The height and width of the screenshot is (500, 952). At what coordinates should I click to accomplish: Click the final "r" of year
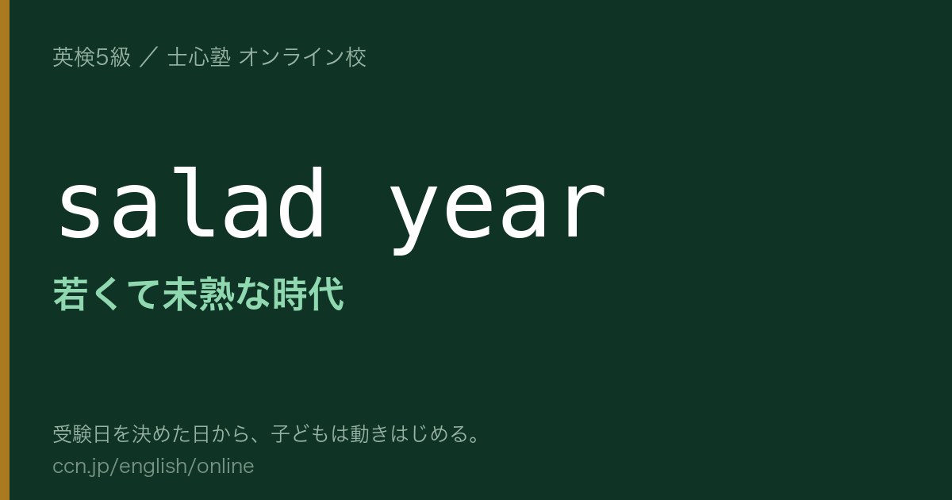[x=585, y=211]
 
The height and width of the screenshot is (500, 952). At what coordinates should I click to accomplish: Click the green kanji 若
[x=71, y=294]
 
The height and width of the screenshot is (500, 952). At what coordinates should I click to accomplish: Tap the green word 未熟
[x=198, y=294]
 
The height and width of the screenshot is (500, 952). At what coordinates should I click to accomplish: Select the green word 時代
[x=308, y=294]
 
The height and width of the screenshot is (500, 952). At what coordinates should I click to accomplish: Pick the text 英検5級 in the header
[x=91, y=57]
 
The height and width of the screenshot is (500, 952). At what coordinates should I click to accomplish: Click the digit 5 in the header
[x=102, y=58]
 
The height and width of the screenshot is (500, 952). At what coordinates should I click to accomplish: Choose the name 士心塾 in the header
[x=199, y=57]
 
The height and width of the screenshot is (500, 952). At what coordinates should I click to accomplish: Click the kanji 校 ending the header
[x=355, y=57]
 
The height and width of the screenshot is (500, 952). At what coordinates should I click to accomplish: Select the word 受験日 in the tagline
[x=82, y=434]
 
